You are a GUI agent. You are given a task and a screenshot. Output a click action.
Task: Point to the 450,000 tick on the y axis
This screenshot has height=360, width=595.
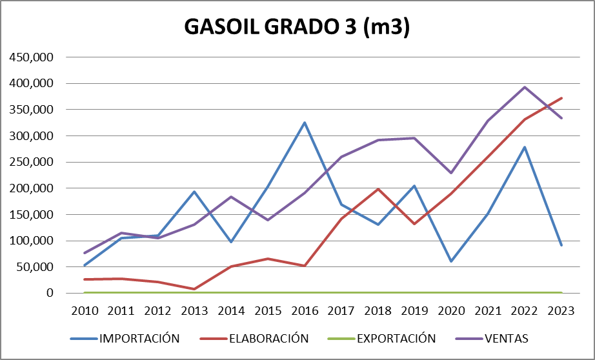click(32, 57)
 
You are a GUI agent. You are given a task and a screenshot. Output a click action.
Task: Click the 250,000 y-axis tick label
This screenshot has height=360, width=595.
click(32, 162)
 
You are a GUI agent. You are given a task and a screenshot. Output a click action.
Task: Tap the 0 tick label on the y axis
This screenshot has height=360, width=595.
click(49, 293)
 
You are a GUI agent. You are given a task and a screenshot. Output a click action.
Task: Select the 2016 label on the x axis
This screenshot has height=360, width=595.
click(305, 310)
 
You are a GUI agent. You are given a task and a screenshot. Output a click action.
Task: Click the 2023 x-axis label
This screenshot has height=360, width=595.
click(561, 310)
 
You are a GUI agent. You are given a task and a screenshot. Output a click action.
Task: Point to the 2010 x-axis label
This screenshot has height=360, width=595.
click(85, 310)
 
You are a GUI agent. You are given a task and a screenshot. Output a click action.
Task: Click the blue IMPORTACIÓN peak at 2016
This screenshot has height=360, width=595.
click(305, 123)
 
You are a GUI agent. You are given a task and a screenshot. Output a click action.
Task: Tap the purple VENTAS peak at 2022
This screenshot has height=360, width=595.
click(525, 87)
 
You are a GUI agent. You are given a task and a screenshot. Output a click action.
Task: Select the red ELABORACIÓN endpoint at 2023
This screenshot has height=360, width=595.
click(561, 98)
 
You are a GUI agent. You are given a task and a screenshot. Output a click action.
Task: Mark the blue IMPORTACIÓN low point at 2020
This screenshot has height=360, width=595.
click(451, 261)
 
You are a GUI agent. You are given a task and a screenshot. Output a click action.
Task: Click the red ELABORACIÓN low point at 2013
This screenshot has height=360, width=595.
click(194, 289)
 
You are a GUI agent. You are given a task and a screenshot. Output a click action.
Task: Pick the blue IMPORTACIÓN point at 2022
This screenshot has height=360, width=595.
click(525, 147)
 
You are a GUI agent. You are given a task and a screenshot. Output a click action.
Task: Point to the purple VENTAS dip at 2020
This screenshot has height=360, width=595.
click(451, 173)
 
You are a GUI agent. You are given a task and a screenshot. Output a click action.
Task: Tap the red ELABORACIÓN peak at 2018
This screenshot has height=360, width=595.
click(378, 189)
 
